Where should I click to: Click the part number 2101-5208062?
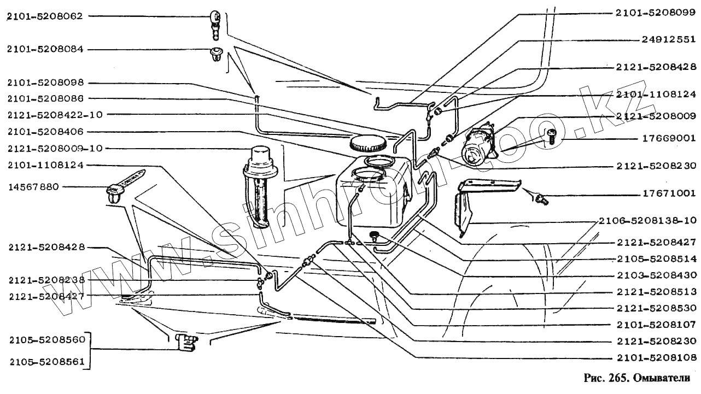tap(45, 16)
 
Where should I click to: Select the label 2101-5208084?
tap(45, 49)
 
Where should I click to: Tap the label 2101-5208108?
tap(656, 358)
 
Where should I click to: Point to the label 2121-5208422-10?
tap(55, 114)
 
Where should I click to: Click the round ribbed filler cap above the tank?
tap(366, 144)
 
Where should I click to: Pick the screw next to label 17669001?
tap(550, 134)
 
